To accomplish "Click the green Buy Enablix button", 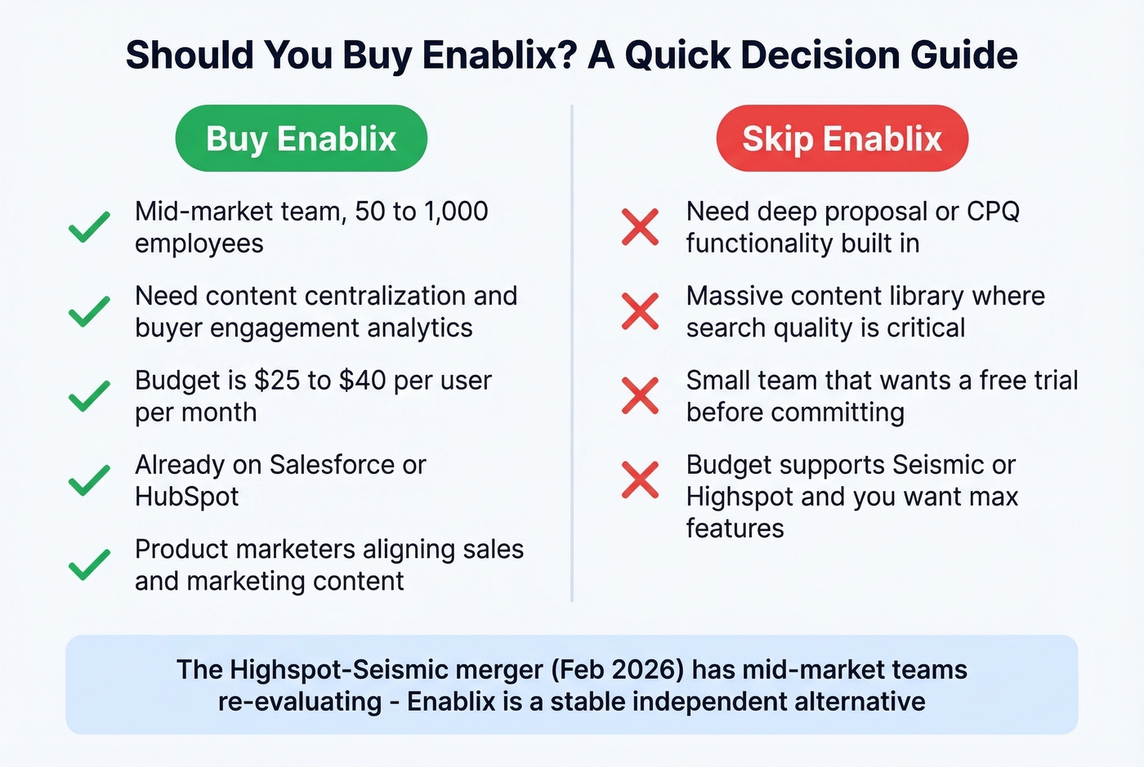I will (x=301, y=139).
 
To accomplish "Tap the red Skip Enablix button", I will (x=842, y=139).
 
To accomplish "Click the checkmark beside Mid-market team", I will (x=89, y=227).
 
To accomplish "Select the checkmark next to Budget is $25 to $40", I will (x=89, y=396).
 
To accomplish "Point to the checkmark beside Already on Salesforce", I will (x=89, y=480).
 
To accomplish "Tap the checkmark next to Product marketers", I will (x=89, y=564).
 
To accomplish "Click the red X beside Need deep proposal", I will (x=640, y=227).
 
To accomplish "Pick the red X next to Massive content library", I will (x=640, y=311).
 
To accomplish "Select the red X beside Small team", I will (x=640, y=396).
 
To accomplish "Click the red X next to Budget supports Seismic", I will (x=640, y=480).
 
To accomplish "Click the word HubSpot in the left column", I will (x=187, y=497).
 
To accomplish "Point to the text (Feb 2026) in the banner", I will (x=617, y=670).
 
